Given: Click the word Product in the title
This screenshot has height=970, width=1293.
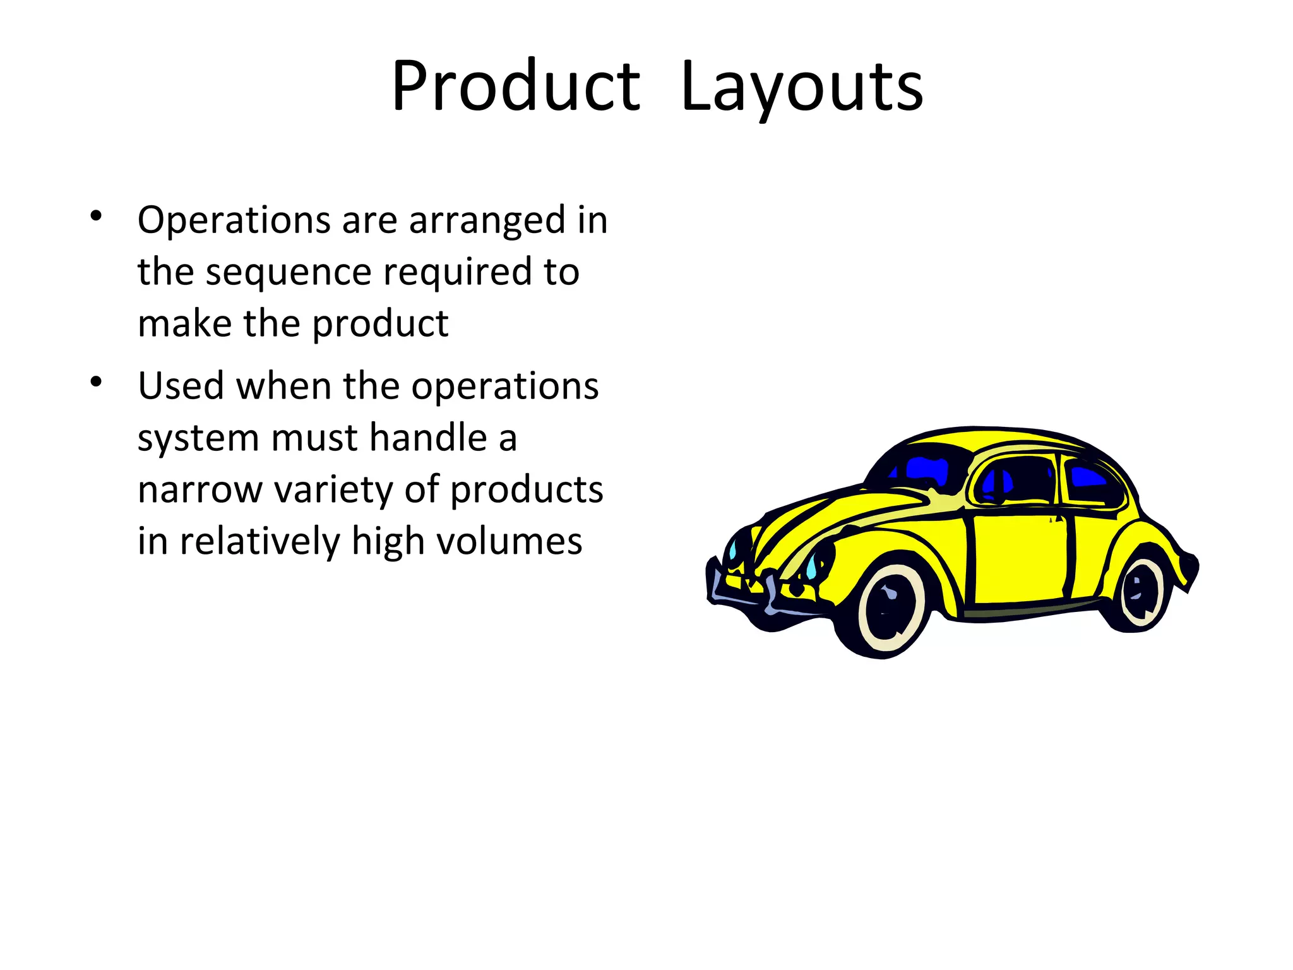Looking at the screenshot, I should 516,87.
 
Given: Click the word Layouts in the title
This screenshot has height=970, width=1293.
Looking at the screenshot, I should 802,87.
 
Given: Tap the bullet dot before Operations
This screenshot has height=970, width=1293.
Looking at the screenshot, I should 96,216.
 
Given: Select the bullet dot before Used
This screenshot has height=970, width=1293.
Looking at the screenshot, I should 96,381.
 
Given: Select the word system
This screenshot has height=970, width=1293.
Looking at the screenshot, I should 198,438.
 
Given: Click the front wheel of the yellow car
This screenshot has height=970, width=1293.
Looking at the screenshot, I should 890,609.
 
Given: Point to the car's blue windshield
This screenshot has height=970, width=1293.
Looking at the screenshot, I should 925,470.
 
